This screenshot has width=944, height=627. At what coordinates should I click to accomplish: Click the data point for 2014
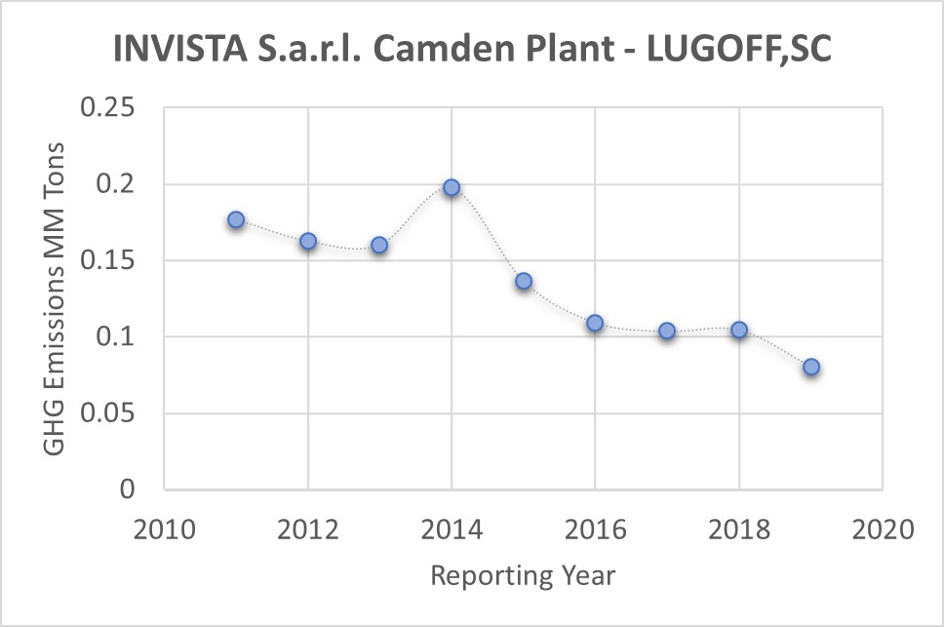[x=452, y=187]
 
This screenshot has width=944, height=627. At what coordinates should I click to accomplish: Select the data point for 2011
[x=236, y=220]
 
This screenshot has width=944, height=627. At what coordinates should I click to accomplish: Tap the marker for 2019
[x=811, y=367]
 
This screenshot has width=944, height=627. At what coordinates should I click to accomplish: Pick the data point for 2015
[x=524, y=281]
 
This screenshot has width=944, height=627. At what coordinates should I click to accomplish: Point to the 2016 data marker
[x=595, y=323]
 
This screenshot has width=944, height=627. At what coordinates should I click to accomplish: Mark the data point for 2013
[x=379, y=245]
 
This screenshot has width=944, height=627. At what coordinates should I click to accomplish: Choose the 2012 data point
[x=308, y=241]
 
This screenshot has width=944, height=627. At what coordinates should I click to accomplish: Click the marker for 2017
[x=667, y=331]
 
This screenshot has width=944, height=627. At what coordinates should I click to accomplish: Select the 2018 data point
[x=739, y=330]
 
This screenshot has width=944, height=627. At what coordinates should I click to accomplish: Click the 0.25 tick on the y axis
[x=110, y=108]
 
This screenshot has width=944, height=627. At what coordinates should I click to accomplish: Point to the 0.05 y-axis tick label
[x=110, y=413]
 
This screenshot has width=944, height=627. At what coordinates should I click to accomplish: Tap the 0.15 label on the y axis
[x=110, y=261]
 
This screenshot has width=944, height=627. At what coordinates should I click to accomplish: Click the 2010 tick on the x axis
[x=164, y=531]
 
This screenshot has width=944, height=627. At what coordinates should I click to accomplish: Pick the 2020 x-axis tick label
[x=883, y=531]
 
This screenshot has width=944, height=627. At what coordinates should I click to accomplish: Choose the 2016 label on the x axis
[x=595, y=531]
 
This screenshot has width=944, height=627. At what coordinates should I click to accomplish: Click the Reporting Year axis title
[x=523, y=575]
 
